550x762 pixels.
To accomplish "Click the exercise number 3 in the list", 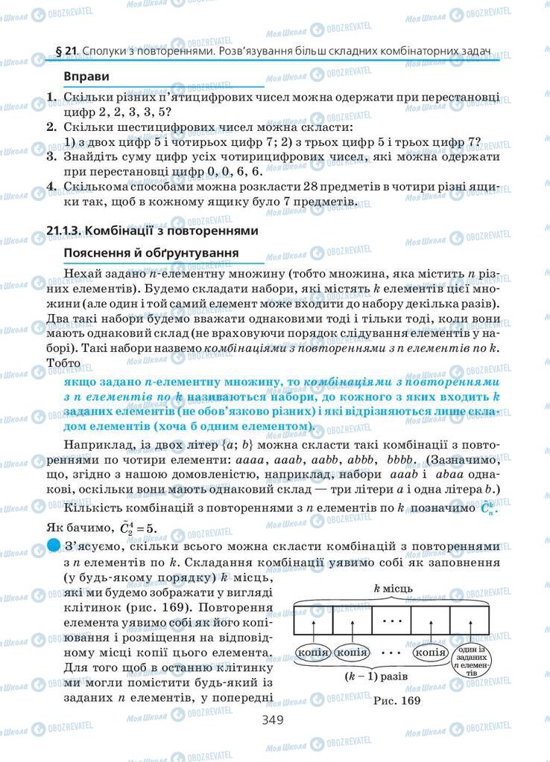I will (51, 156).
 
